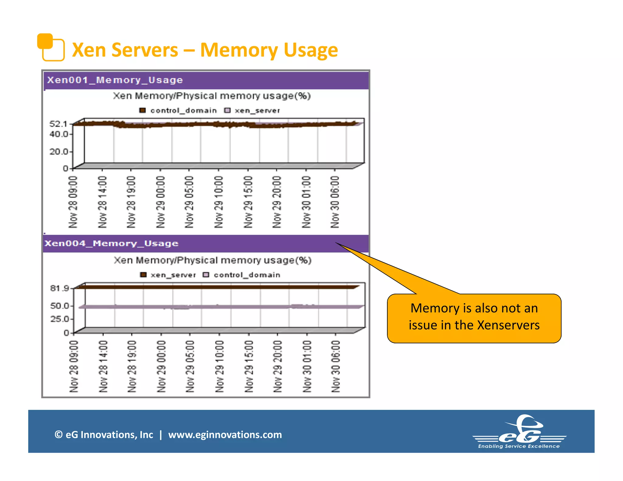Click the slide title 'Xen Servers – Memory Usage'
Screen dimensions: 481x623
coord(205,50)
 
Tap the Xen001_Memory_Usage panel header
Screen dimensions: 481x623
coord(115,80)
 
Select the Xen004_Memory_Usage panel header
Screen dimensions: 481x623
coord(111,244)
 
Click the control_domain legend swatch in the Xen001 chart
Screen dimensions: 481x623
coord(142,110)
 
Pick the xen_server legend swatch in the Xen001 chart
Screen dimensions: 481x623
coord(227,110)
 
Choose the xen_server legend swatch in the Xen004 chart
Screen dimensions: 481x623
coord(143,275)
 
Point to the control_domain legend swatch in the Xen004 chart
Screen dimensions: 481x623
coord(206,275)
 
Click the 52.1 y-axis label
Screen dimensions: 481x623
coord(58,124)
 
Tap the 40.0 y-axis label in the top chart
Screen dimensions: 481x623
coord(59,134)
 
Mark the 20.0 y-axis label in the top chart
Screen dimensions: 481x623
coord(59,151)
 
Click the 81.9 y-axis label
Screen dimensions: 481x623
coord(60,288)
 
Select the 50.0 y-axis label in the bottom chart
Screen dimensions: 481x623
coord(60,306)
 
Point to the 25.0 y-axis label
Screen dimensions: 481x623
coord(60,319)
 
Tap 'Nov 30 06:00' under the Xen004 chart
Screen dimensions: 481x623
coord(336,366)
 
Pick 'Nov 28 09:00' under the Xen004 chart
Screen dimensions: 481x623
coord(74,366)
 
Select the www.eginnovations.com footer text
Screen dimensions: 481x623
coord(225,435)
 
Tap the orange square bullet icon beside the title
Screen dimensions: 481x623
coord(51,47)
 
